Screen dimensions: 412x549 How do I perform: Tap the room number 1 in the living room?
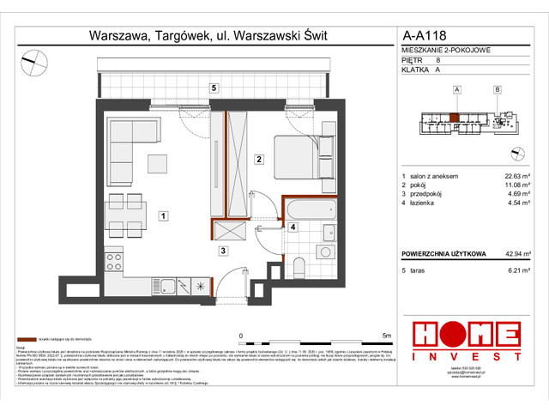162,218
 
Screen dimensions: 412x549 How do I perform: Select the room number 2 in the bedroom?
257,159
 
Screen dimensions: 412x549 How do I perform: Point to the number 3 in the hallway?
221,251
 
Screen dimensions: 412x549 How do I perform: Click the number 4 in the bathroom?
293,227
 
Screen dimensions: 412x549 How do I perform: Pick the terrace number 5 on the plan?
215,88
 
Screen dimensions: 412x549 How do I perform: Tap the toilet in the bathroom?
298,263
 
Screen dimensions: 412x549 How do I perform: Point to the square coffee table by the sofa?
158,162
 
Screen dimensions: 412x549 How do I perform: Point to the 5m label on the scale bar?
386,336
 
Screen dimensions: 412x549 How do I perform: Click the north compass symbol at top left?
35,58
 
